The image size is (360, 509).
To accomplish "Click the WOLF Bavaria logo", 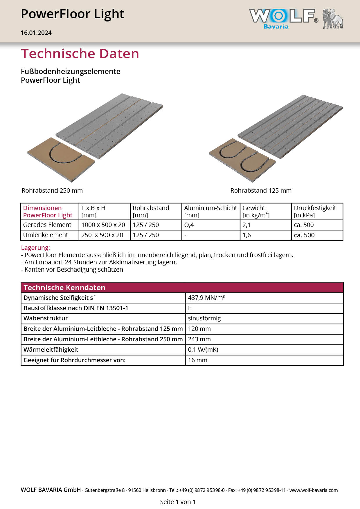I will coord(283,19).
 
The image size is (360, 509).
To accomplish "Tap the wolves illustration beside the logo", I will coord(333,19).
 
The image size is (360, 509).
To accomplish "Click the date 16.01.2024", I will coord(36,33).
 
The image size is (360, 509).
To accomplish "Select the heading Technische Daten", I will coord(80,54).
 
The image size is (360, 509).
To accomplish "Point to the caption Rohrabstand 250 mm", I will coord(52,191).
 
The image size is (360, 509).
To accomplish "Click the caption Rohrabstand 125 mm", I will coord(261,191).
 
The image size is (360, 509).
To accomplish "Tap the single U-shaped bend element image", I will coord(61,158).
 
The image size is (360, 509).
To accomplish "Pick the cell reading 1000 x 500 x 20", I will coord(103,225).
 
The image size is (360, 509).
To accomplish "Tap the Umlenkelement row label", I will coord(46,235).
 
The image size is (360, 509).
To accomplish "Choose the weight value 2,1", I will coord(246,225).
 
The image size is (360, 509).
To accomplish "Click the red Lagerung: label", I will coord(35,248).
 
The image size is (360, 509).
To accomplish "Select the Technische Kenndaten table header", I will coord(64,288).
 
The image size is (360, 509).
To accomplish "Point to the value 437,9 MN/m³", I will coord(206,298).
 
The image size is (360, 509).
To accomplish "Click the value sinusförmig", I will coord(204,319).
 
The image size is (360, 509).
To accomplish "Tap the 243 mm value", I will coord(199,339).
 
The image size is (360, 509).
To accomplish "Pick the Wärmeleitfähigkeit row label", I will coord(51,350).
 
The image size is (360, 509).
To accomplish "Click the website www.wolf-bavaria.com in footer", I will coord(314,490).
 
